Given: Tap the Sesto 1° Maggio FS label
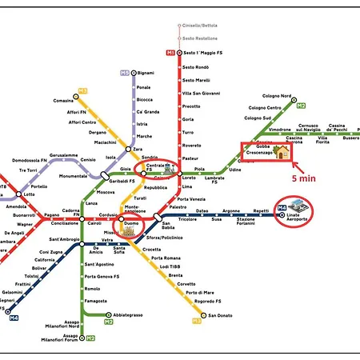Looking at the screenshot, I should pyautogui.click(x=202, y=53).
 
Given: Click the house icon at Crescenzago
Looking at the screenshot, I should pyautogui.click(x=282, y=151).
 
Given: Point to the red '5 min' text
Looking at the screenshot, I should pyautogui.click(x=305, y=178).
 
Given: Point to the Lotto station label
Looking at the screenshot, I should pyautogui.click(x=30, y=194).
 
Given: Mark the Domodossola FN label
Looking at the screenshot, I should pyautogui.click(x=31, y=160).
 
